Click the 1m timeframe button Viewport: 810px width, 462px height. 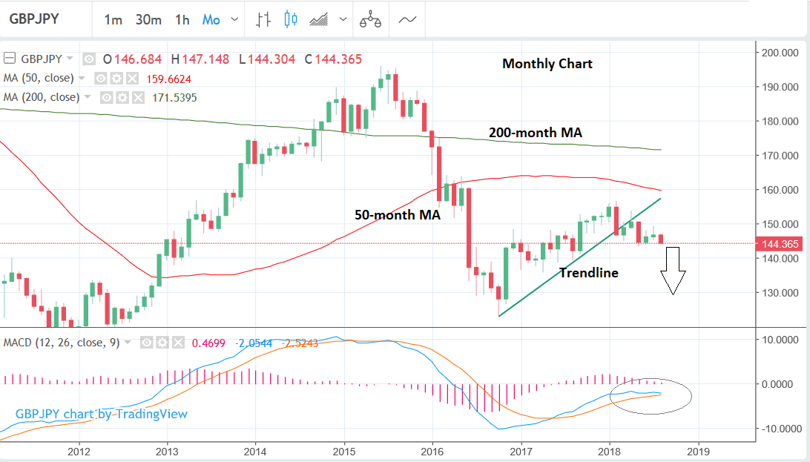pos(113,20)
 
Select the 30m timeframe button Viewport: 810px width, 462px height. pos(148,20)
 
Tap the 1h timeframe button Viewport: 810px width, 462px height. pos(182,20)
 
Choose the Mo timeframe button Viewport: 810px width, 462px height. pos(211,20)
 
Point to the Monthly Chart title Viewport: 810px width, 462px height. pos(547,64)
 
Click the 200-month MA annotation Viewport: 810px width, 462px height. pos(535,133)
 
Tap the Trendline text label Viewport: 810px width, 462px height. pos(588,273)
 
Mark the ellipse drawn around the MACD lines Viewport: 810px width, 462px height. pos(651,397)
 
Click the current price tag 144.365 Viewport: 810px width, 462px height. pos(777,243)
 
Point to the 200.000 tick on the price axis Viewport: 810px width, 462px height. pos(778,53)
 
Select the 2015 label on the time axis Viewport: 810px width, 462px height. pos(343,451)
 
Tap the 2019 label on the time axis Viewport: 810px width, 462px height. pos(698,451)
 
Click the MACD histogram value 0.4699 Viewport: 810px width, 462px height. pos(208,343)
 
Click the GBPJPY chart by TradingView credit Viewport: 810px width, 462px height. pos(102,414)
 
